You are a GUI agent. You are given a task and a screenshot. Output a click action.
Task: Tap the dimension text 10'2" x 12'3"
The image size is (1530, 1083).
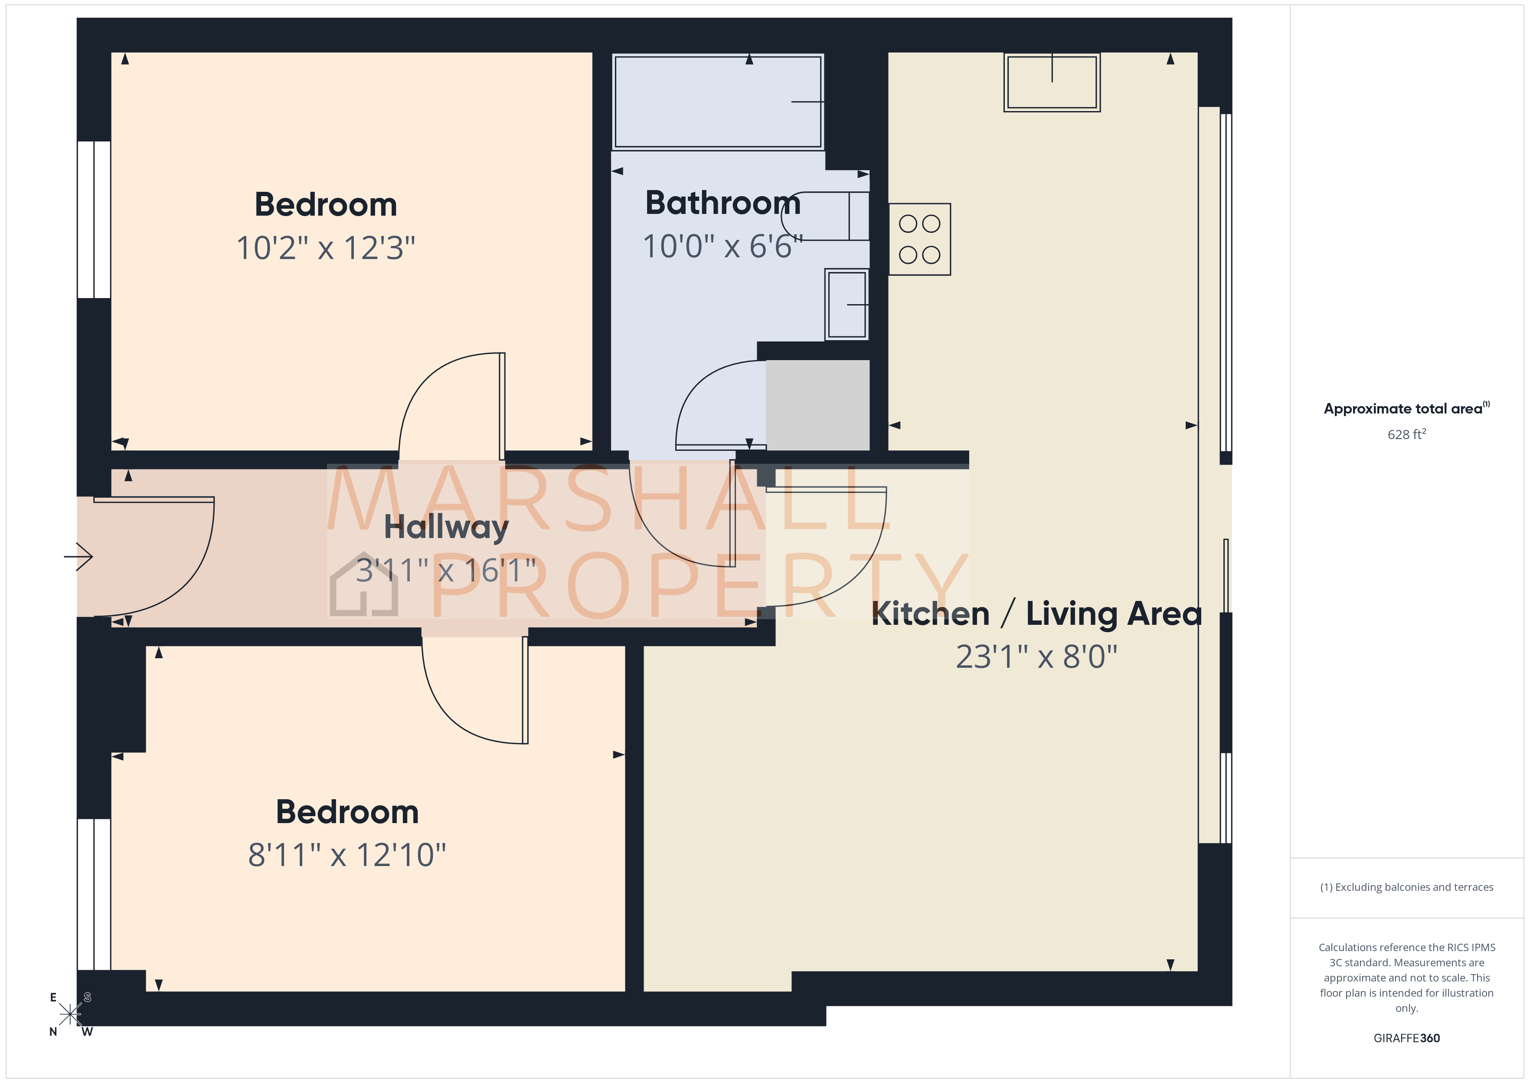(x=326, y=248)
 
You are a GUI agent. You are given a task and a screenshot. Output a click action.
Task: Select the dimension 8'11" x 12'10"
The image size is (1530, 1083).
(x=347, y=855)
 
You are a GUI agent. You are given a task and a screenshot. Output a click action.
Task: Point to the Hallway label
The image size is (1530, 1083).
(x=446, y=528)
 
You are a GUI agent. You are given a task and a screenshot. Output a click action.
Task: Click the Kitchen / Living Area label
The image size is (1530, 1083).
(x=1036, y=614)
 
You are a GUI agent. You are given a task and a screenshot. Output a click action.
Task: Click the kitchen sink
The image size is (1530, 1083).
(x=1052, y=82)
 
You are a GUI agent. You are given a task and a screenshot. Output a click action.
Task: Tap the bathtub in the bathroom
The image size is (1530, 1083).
(x=718, y=102)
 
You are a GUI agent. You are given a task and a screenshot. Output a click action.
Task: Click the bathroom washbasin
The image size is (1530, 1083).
(x=846, y=304)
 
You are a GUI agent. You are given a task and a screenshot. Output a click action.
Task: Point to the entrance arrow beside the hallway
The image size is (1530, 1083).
(x=78, y=556)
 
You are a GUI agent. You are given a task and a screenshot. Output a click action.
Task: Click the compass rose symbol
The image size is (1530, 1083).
(x=70, y=1014)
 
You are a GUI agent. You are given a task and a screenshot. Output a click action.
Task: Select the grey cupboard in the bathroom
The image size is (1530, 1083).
(x=817, y=405)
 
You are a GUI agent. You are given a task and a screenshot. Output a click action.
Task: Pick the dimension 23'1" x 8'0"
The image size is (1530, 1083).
(x=1036, y=657)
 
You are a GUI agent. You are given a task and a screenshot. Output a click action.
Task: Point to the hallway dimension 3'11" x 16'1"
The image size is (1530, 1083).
(x=446, y=571)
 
